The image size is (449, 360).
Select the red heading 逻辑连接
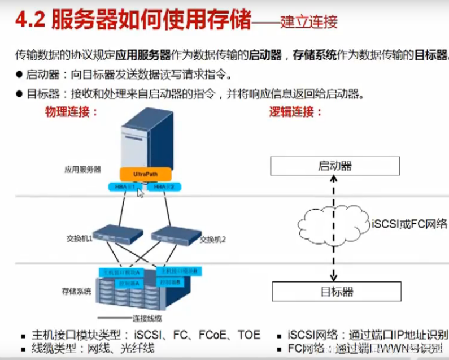pyautogui.click(x=295, y=112)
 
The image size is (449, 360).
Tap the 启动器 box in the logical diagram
pyautogui.click(x=335, y=166)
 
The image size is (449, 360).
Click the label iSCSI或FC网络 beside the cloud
pyautogui.click(x=409, y=224)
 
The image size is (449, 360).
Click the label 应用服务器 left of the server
pyautogui.click(x=82, y=169)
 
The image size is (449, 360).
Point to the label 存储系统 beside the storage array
pyautogui.click(x=76, y=292)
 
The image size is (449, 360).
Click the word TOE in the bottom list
pyautogui.click(x=249, y=335)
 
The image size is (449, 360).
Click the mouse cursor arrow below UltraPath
pyautogui.click(x=140, y=192)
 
